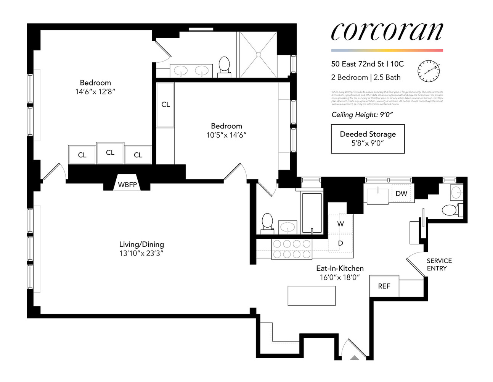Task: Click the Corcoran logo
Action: [x=387, y=32]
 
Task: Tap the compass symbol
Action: [x=429, y=71]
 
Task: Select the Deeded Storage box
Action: [x=368, y=139]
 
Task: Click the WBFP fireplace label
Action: [x=127, y=185]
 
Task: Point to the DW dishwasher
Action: [x=401, y=194]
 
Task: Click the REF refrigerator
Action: [x=384, y=286]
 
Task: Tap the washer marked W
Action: [x=340, y=224]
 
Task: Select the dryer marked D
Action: [x=340, y=243]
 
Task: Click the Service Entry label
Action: [x=439, y=264]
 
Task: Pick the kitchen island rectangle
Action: [x=312, y=296]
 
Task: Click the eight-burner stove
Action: [x=292, y=249]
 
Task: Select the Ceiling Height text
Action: [x=362, y=115]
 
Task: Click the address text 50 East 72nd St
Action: [x=357, y=64]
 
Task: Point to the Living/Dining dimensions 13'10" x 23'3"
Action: [x=141, y=253]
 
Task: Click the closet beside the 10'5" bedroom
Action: [x=165, y=105]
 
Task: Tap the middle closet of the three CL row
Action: [x=110, y=153]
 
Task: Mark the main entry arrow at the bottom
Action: [x=355, y=358]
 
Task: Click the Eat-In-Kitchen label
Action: [x=340, y=269]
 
